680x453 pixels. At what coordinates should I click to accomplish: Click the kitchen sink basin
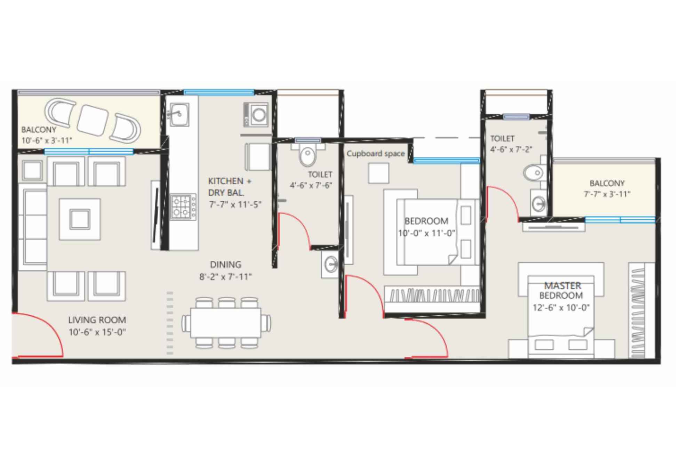[x=179, y=114]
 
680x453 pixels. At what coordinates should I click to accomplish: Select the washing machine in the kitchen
[x=256, y=115]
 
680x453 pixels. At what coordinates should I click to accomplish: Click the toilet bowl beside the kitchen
[x=307, y=156]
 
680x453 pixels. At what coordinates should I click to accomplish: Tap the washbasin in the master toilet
[x=538, y=203]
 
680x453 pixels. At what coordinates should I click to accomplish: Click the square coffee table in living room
[x=80, y=219]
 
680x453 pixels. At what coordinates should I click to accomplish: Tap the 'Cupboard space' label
[x=376, y=154]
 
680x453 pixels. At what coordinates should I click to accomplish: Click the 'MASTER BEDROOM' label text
[x=561, y=291]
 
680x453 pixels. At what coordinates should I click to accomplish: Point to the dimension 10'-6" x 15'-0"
[x=97, y=332]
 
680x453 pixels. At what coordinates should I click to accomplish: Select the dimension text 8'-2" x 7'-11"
[x=225, y=277]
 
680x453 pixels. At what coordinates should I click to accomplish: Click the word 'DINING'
[x=226, y=265]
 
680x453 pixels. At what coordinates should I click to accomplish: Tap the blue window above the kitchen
[x=219, y=92]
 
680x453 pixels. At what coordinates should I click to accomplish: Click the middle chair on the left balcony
[x=93, y=120]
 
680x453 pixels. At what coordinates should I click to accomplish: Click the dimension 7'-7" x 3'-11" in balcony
[x=607, y=194]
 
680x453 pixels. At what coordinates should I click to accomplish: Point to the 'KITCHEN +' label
[x=230, y=181]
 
